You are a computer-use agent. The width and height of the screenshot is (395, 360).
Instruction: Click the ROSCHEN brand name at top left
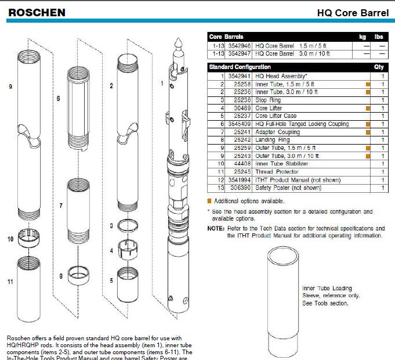pyautogui.click(x=37, y=12)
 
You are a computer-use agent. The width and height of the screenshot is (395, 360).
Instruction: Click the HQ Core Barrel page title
pyautogui.click(x=353, y=13)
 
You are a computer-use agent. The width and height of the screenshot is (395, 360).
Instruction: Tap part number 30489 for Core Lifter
pyautogui.click(x=242, y=108)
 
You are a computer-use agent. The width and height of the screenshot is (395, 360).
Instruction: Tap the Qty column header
pyautogui.click(x=379, y=67)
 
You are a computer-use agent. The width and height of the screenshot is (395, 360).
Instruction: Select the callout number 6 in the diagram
pyautogui.click(x=59, y=99)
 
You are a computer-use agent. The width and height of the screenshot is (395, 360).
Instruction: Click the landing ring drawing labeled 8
pyautogui.click(x=78, y=274)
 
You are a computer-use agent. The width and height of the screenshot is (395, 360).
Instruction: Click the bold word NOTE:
pyautogui.click(x=216, y=229)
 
